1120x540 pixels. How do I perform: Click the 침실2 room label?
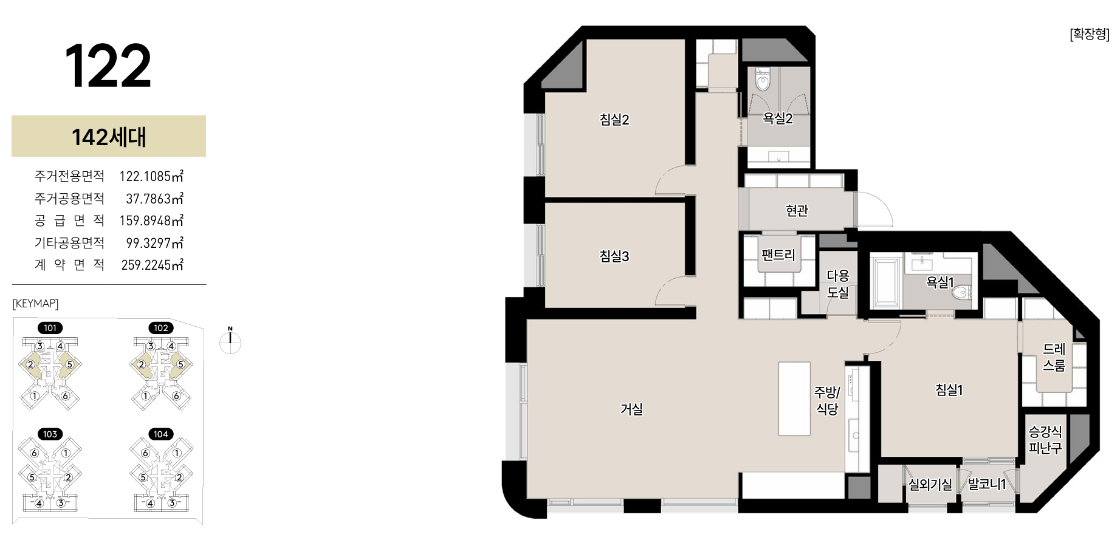614,120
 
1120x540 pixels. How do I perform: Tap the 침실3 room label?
614,256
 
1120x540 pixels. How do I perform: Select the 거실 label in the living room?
631,409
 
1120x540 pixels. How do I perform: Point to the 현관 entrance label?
797,211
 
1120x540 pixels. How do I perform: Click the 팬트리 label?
778,255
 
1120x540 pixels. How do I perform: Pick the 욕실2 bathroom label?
778,119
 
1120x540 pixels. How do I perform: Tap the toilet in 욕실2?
763,80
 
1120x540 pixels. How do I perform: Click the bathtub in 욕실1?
887,282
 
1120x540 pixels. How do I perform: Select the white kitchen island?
794,398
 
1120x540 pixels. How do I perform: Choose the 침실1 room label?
949,390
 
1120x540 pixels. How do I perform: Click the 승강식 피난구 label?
1045,440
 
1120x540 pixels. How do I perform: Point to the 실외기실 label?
930,485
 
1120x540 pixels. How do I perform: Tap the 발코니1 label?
987,484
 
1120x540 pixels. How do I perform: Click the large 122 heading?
108,66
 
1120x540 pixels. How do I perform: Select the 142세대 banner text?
109,137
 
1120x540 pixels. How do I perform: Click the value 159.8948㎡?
151,220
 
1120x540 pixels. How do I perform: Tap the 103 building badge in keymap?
50,434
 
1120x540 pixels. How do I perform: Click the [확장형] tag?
1090,34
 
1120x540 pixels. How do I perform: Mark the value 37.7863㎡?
154,199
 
